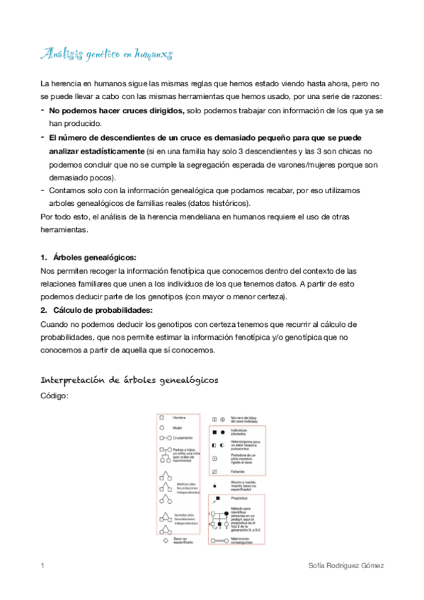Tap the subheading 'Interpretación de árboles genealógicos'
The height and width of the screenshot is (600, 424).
(129, 380)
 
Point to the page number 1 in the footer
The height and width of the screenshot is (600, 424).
(43, 566)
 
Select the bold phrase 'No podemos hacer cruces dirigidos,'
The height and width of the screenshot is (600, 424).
(117, 110)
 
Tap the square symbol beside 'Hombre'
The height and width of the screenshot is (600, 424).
(161, 418)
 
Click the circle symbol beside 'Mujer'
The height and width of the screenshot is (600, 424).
(161, 428)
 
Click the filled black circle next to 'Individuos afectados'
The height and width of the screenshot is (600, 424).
(222, 431)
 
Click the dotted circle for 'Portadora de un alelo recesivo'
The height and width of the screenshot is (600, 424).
(214, 458)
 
